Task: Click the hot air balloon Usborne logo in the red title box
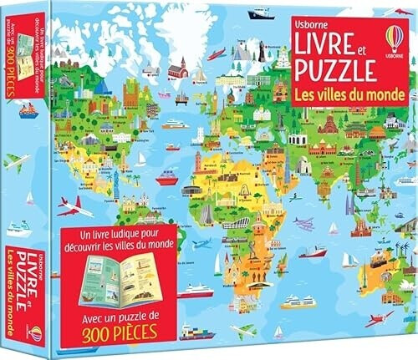[x=395, y=39]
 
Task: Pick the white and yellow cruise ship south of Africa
[x=197, y=290]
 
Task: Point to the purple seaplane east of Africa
[x=303, y=224]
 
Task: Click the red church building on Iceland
[x=176, y=69]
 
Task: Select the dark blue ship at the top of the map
[x=261, y=13]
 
